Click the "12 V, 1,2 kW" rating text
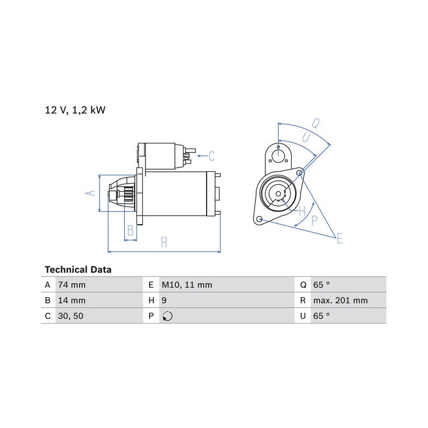75,110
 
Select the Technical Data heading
78,270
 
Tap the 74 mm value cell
72,285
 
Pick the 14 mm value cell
72,301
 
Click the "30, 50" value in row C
71,316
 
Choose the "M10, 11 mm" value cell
187,285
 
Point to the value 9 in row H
164,301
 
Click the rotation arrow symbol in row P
167,316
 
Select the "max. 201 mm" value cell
340,301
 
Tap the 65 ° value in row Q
322,285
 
